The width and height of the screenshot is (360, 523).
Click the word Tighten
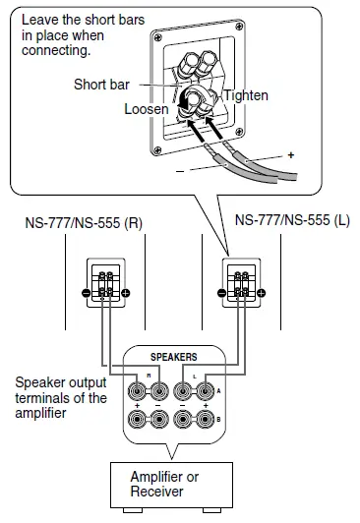coord(245,95)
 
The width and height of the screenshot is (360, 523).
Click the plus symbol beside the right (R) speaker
coord(126,292)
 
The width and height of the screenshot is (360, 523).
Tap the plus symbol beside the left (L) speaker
coord(262,292)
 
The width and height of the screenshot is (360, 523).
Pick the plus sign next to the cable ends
coord(290,155)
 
